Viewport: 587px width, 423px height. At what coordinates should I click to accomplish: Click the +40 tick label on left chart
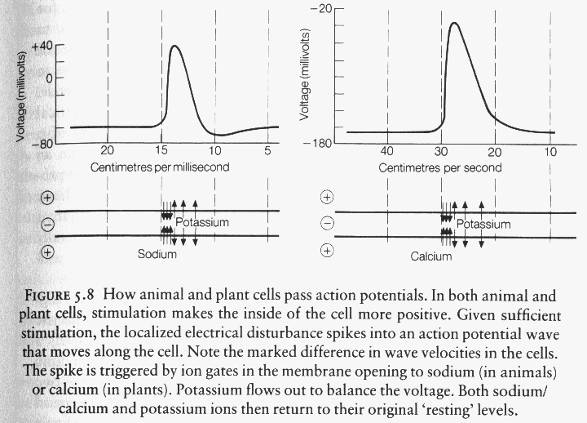42,47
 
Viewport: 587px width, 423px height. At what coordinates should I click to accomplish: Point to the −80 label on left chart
42,144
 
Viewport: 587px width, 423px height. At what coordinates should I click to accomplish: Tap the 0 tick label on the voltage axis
49,78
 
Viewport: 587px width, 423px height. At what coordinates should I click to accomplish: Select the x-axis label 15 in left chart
161,150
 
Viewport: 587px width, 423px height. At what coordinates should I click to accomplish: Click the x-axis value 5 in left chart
267,150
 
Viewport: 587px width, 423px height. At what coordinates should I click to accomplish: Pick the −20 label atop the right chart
321,8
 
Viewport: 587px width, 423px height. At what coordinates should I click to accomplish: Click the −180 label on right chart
318,143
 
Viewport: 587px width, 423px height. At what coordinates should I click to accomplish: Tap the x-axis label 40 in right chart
387,152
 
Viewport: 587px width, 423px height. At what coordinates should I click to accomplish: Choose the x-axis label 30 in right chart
441,152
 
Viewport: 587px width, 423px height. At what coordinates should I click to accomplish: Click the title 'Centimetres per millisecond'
160,167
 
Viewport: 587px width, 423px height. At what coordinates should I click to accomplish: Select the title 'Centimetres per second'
440,168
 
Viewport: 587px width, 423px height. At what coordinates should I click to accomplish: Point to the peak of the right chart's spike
454,23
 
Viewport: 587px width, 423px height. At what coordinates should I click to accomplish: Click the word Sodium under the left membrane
157,254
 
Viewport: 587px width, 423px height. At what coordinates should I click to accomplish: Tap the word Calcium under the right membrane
431,256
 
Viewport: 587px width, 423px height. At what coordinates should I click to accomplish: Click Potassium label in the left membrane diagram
202,222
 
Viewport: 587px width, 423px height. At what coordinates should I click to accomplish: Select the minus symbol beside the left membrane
47,225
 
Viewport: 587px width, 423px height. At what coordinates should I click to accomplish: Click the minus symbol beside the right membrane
327,224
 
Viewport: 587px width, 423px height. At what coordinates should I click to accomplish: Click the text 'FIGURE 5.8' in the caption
60,295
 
